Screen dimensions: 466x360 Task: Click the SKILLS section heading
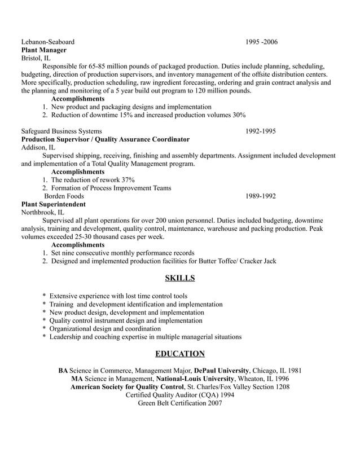(x=180, y=278)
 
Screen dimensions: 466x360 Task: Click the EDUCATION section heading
(x=180, y=354)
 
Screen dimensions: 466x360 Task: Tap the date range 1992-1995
(x=260, y=131)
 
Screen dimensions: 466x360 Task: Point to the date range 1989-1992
(x=260, y=196)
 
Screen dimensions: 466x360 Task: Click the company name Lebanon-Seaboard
(x=47, y=42)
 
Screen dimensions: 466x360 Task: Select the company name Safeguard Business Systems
(x=62, y=131)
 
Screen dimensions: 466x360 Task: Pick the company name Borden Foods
(x=64, y=196)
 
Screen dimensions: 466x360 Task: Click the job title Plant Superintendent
(x=54, y=204)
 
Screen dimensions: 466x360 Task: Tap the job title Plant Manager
(x=43, y=50)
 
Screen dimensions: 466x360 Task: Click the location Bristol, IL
(x=36, y=58)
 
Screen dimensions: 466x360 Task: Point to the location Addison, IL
(x=38, y=147)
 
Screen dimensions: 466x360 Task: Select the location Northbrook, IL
(x=42, y=213)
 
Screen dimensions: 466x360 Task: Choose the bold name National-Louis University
(x=195, y=379)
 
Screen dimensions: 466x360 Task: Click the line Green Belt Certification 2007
(x=180, y=403)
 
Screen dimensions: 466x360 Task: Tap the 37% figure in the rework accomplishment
(x=128, y=180)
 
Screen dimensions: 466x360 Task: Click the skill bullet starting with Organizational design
(x=105, y=328)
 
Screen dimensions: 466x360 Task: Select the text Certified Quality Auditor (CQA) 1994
(x=180, y=395)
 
